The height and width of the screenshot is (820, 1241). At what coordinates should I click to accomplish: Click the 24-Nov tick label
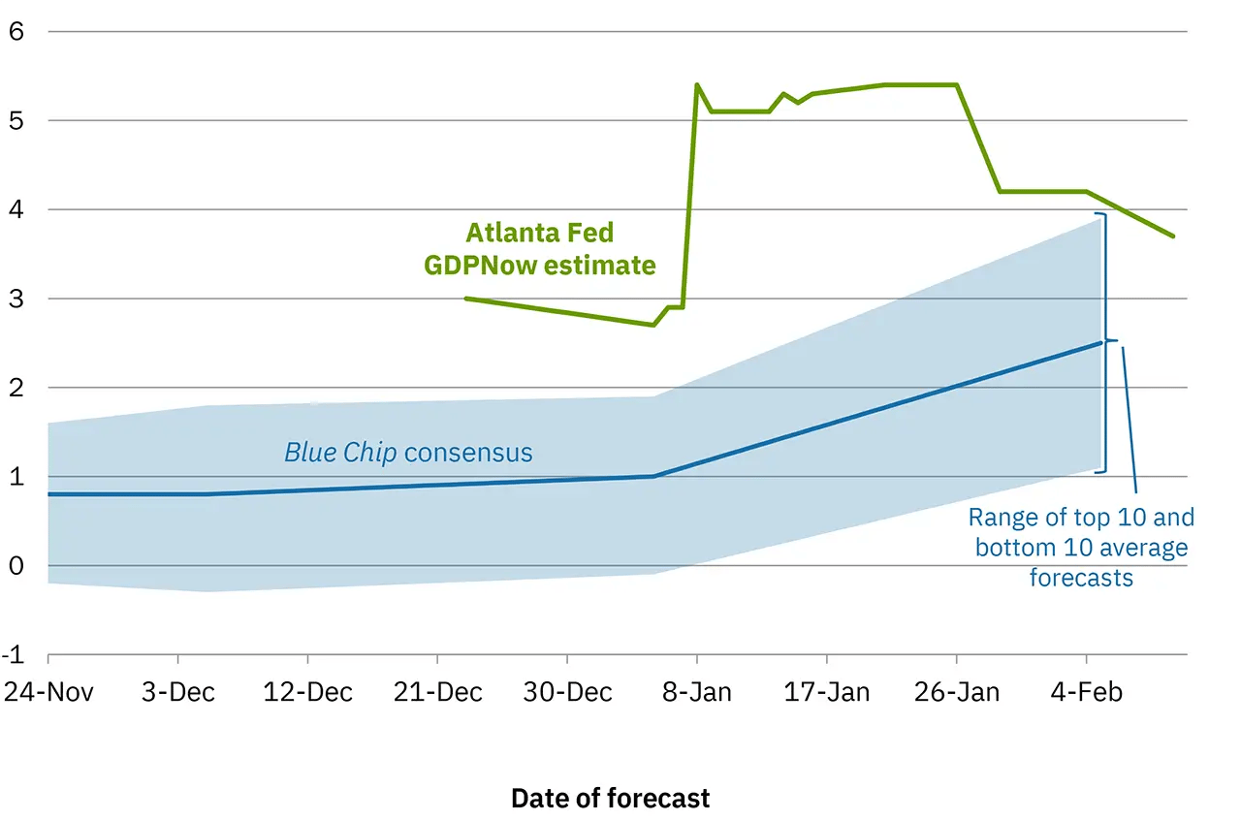[48, 692]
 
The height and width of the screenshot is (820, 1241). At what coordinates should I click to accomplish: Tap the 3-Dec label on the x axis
[177, 692]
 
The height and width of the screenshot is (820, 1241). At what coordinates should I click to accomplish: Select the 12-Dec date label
[307, 692]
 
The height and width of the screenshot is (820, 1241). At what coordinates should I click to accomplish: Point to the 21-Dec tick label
[437, 692]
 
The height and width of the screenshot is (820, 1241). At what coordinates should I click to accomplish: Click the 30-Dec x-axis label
[567, 692]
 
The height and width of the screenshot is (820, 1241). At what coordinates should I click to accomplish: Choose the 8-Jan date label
[697, 692]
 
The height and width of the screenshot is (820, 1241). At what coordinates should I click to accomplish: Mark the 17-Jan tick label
[827, 692]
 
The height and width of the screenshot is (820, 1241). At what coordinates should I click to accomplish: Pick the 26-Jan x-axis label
[957, 692]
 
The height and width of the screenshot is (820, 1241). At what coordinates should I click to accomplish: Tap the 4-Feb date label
[1087, 692]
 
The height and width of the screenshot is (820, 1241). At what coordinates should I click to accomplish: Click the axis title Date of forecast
[610, 798]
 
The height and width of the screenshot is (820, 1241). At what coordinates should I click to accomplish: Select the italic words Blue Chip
[339, 453]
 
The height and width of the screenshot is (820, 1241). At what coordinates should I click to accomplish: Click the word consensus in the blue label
[468, 453]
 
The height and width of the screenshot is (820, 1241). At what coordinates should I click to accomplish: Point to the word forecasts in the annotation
[1081, 578]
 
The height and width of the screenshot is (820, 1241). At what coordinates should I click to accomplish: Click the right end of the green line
[1174, 237]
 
